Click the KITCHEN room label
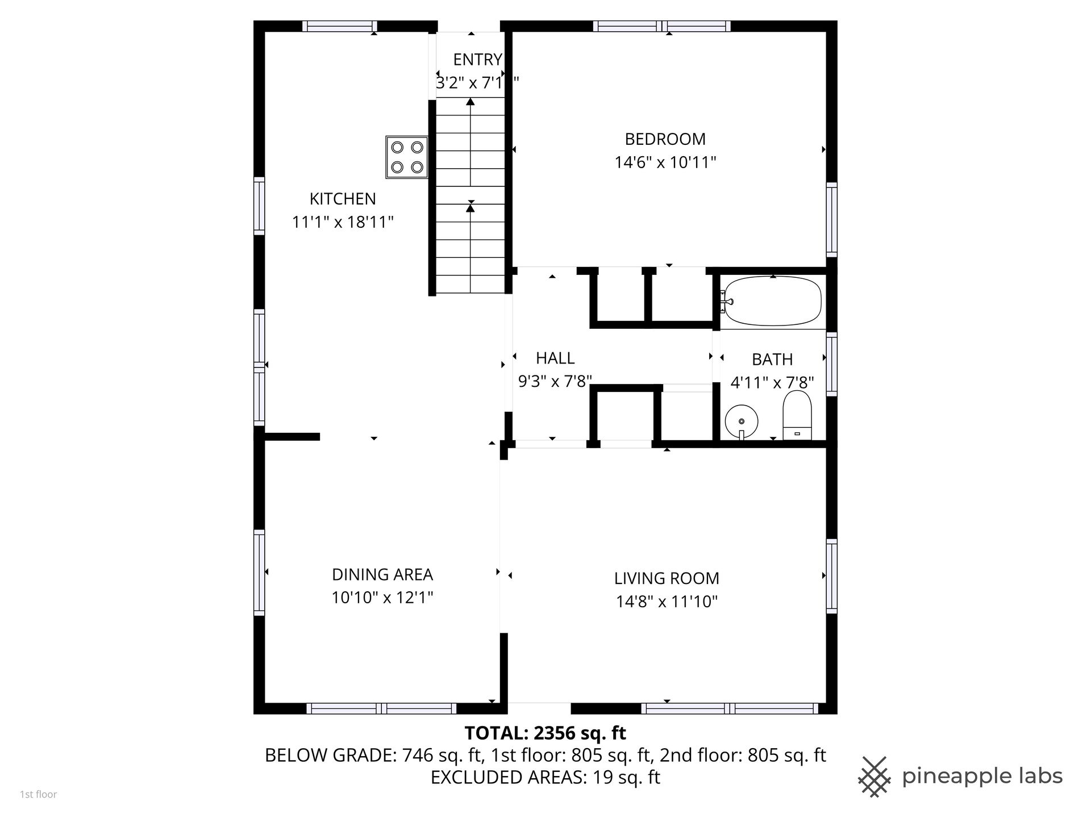tap(343, 199)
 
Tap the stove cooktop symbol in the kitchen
tap(407, 157)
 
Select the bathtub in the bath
tap(773, 301)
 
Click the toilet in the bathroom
tap(797, 415)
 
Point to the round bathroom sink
tap(742, 421)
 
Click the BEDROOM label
tap(665, 139)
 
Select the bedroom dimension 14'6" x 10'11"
tap(665, 162)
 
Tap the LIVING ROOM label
tap(667, 578)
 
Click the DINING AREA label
tap(382, 575)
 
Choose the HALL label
tap(555, 358)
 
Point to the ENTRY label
tap(478, 60)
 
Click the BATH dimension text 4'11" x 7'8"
tap(772, 382)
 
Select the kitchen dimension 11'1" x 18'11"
tap(343, 222)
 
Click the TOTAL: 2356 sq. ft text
tap(545, 733)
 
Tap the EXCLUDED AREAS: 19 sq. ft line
tap(545, 777)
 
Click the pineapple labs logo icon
tap(875, 777)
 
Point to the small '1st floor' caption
tap(39, 795)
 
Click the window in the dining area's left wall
tap(259, 572)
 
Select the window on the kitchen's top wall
tap(340, 26)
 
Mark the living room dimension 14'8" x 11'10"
tap(667, 602)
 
